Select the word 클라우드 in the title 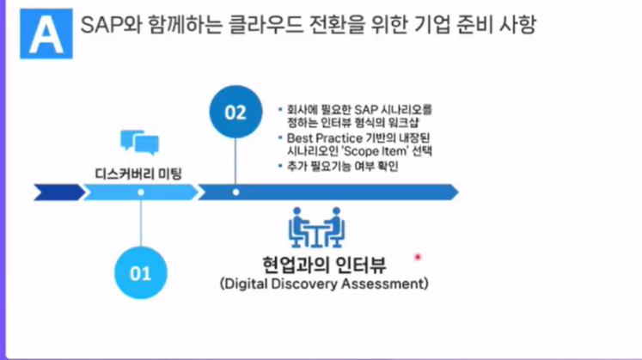click(x=257, y=26)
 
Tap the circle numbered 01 click(x=140, y=274)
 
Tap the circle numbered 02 click(x=235, y=113)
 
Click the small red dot click(x=419, y=256)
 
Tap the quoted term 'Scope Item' click(x=378, y=150)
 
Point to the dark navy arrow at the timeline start click(x=58, y=192)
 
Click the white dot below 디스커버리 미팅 click(x=140, y=192)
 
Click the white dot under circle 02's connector click(x=235, y=192)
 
